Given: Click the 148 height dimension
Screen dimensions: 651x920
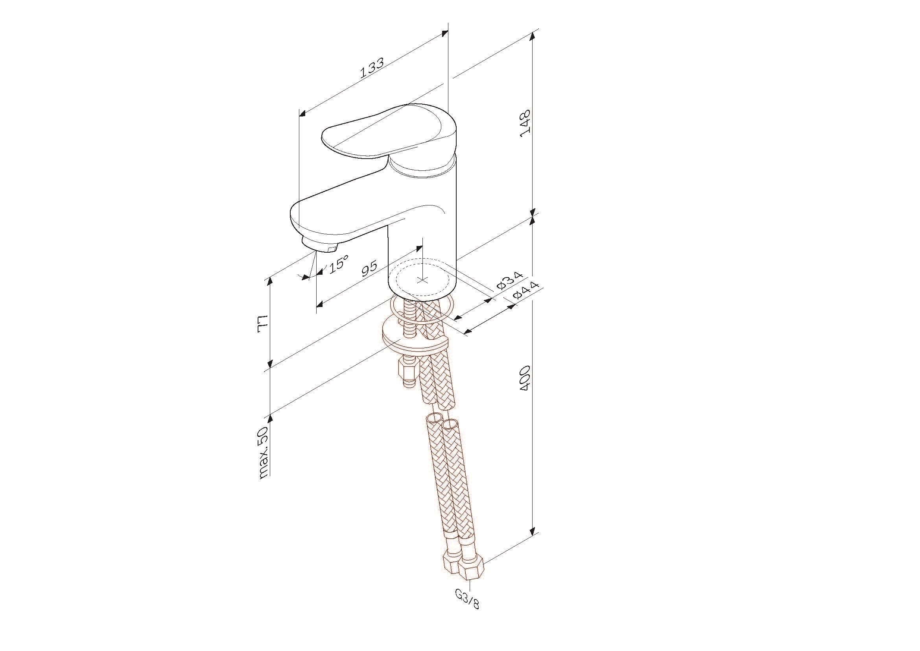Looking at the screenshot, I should pyautogui.click(x=525, y=123).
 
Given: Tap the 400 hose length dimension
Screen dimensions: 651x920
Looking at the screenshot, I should pyautogui.click(x=525, y=378).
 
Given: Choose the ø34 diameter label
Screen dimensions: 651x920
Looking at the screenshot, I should pyautogui.click(x=510, y=280).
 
